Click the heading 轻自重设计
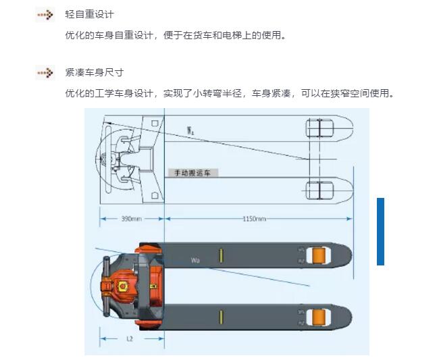tap(89, 14)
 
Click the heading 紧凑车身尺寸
tap(95, 72)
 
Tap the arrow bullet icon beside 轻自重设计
tap(45, 15)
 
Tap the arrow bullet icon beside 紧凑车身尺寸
tap(45, 73)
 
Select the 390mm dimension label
tap(131, 219)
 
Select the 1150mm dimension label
tap(254, 219)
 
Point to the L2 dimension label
tap(130, 339)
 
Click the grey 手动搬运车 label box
tap(192, 173)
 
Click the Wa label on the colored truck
tap(195, 260)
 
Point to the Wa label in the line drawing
tap(190, 130)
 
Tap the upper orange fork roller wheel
tap(319, 255)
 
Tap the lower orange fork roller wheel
tap(319, 317)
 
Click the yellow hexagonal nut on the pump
tap(122, 286)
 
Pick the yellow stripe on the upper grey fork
tap(221, 255)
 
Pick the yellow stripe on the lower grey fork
tap(221, 317)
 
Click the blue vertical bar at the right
tap(380, 232)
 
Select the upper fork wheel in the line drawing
tap(319, 128)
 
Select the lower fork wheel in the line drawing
tap(319, 190)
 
